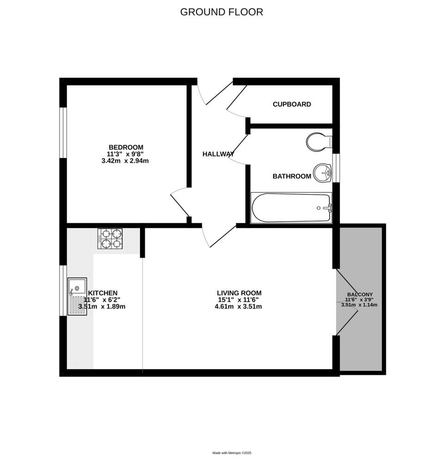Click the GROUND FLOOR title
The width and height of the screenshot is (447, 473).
click(221, 12)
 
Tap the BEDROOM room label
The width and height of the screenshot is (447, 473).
click(126, 147)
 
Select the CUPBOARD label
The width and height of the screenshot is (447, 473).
click(292, 104)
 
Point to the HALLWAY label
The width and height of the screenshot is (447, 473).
click(218, 154)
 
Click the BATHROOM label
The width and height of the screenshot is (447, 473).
click(292, 176)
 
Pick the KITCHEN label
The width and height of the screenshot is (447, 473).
click(103, 293)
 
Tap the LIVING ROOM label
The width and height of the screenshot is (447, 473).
click(239, 293)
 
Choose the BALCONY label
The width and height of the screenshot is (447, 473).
click(360, 294)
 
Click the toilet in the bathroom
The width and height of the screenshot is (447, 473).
click(318, 142)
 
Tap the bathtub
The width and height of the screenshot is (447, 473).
click(291, 208)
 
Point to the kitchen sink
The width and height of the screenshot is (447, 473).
click(77, 296)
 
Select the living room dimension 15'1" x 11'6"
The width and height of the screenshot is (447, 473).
click(239, 299)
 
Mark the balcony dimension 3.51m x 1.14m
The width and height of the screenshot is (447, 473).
click(360, 305)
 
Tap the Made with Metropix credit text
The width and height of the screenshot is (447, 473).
click(232, 453)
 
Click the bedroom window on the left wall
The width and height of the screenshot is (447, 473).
click(63, 133)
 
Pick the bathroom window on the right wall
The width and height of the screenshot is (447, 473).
click(336, 167)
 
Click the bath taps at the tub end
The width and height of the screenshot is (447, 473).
click(328, 208)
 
